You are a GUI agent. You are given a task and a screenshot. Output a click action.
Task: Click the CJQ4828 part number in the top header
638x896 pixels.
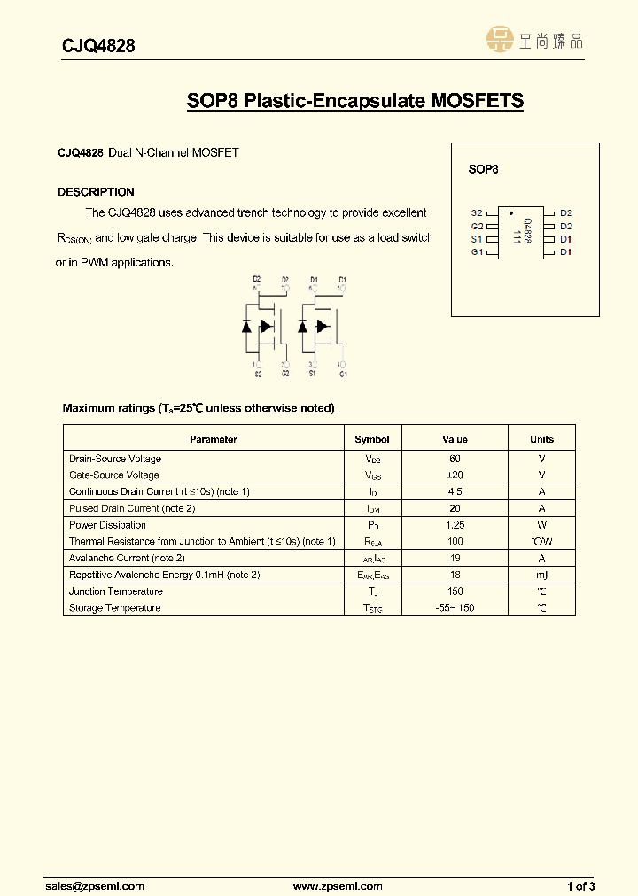pyautogui.click(x=98, y=46)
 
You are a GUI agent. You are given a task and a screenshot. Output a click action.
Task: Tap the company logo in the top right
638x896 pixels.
pyautogui.click(x=534, y=40)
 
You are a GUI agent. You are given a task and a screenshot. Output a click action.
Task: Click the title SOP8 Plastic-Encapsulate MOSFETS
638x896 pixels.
pyautogui.click(x=354, y=101)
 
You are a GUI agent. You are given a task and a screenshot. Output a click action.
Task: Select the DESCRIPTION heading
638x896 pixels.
pyautogui.click(x=96, y=192)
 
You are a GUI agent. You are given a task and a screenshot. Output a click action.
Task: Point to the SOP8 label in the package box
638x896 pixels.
pyautogui.click(x=483, y=168)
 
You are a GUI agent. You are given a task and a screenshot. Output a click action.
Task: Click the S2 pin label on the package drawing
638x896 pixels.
pyautogui.click(x=477, y=213)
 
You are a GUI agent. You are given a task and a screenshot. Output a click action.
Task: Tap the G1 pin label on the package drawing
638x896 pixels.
pyautogui.click(x=477, y=252)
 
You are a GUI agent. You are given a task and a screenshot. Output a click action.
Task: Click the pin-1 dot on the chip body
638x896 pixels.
pyautogui.click(x=510, y=213)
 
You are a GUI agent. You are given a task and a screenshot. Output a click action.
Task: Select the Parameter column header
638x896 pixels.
pyautogui.click(x=214, y=439)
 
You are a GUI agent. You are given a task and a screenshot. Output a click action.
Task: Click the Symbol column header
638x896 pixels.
pyautogui.click(x=372, y=439)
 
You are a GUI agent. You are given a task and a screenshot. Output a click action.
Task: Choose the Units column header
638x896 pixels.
pyautogui.click(x=541, y=439)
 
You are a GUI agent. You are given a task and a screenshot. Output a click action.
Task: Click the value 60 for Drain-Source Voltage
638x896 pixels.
pyautogui.click(x=455, y=459)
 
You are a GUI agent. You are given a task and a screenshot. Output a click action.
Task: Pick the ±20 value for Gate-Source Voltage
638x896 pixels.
pyautogui.click(x=455, y=475)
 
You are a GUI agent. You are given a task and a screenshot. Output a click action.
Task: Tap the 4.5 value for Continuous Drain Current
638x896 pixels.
pyautogui.click(x=455, y=491)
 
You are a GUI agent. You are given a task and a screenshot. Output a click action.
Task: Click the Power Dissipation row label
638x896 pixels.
pyautogui.click(x=107, y=525)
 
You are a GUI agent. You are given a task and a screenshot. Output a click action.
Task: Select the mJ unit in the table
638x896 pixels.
pyautogui.click(x=541, y=575)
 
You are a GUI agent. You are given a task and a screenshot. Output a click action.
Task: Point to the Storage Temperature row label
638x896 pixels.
pyautogui.click(x=115, y=608)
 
